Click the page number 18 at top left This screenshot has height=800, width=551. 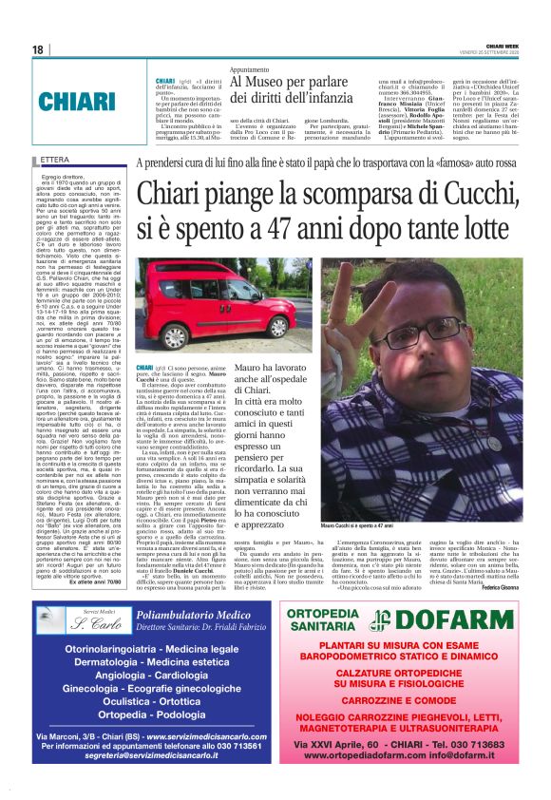click(x=38, y=49)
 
